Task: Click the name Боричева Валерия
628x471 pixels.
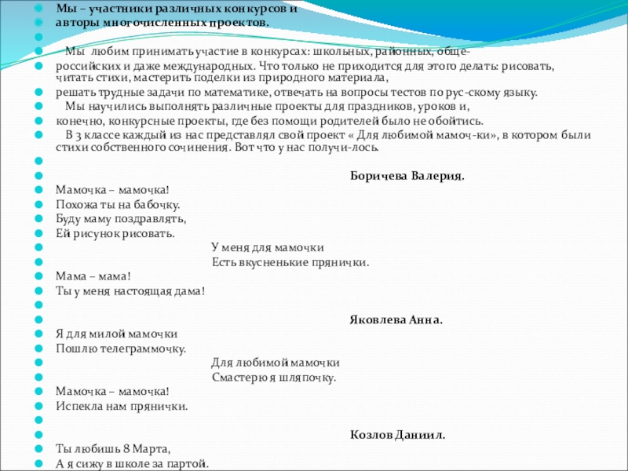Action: pyautogui.click(x=407, y=175)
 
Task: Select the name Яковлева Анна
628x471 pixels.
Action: pyautogui.click(x=396, y=319)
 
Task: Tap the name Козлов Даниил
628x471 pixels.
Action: pyautogui.click(x=397, y=434)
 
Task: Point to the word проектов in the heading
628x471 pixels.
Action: pyautogui.click(x=239, y=23)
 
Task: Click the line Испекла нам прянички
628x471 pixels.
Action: pyautogui.click(x=122, y=406)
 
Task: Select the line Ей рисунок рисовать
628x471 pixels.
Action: pyautogui.click(x=115, y=233)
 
